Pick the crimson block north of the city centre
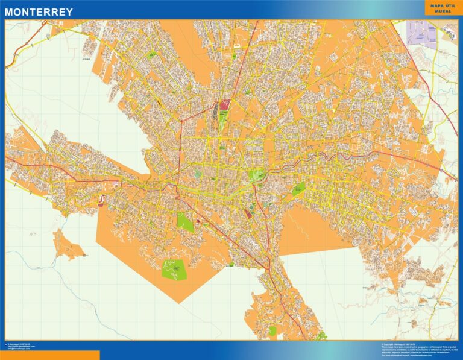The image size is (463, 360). coord(224,104)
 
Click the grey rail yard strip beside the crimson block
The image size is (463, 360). coord(215,109)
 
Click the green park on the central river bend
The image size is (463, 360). coord(257,176)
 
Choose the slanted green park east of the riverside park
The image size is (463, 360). coord(298,189)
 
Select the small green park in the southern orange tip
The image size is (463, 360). coord(272,330)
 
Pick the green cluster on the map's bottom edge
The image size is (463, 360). coord(321,335)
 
